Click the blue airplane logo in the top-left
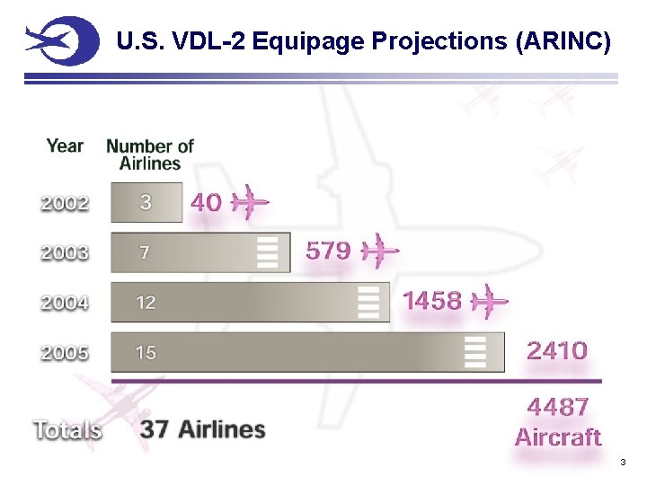point(61,41)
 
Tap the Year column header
point(65,145)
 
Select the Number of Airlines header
point(150,154)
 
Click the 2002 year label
point(65,203)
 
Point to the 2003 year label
point(65,253)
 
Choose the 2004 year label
point(65,304)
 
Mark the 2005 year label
point(65,353)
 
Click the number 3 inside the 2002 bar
point(146,203)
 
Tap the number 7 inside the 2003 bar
point(145,253)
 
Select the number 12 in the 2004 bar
point(146,303)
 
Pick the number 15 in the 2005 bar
point(146,353)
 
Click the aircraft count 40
point(206,203)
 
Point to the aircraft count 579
point(328,251)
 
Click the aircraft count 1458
point(432,300)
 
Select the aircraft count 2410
point(557,350)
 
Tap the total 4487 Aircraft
point(558,422)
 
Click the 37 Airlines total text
point(202,429)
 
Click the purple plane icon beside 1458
point(490,301)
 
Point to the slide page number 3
point(621,463)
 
